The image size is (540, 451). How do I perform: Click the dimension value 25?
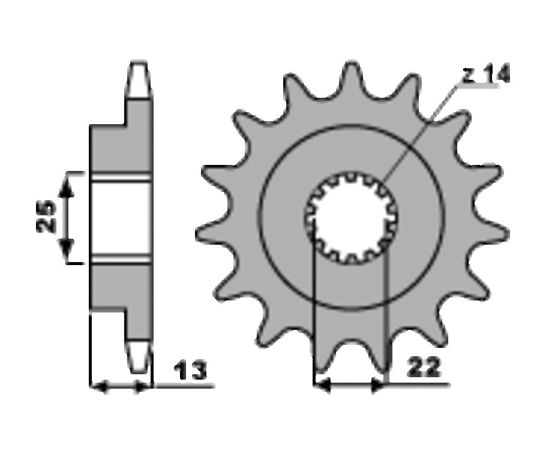pyautogui.click(x=46, y=217)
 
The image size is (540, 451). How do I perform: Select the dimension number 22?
pyautogui.click(x=424, y=367)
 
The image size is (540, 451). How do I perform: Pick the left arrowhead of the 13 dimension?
pyautogui.click(x=99, y=387)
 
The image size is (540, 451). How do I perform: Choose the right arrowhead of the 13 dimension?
pyautogui.click(x=142, y=387)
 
